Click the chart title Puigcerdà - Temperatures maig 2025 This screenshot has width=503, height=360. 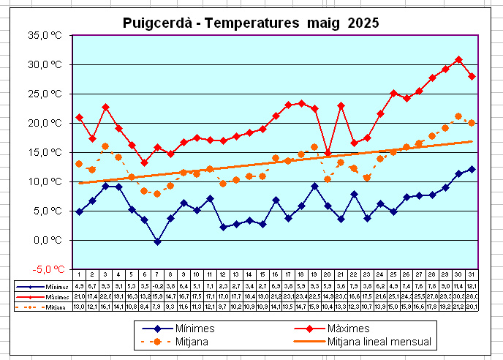(251, 23)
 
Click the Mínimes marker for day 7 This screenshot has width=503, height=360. (157, 241)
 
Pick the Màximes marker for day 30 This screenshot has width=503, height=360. (458, 59)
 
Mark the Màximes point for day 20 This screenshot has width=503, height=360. (328, 153)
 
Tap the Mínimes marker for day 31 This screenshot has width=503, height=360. (472, 169)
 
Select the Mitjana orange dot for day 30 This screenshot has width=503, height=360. (458, 116)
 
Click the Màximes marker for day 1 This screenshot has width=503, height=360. (79, 117)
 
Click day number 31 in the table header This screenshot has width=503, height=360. (472, 274)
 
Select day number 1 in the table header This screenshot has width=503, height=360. (79, 274)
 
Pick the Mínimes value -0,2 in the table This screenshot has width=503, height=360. (157, 285)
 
